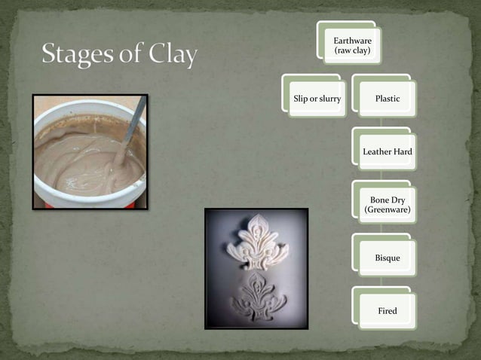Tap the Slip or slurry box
click(317, 99)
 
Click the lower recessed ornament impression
click(258, 296)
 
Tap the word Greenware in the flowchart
click(388, 210)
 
